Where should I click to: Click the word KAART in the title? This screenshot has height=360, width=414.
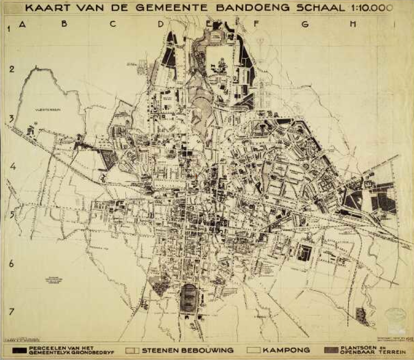(46, 8)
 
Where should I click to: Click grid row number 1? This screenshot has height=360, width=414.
(9, 28)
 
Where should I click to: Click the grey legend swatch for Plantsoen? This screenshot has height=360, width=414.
(331, 350)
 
